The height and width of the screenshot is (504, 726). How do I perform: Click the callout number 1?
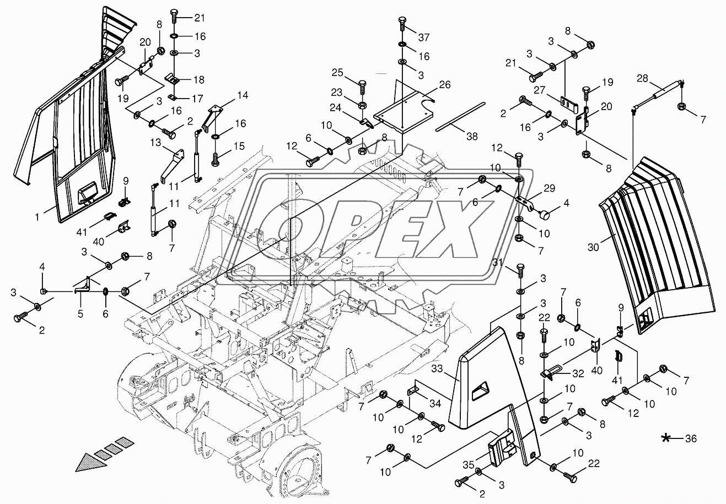(x=37, y=216)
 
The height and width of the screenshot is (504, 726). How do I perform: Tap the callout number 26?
(x=445, y=84)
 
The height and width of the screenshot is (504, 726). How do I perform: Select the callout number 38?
(x=472, y=137)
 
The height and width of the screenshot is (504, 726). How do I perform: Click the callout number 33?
(x=437, y=368)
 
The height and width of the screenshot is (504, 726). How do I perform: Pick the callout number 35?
(x=469, y=465)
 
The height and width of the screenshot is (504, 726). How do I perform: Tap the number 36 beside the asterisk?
(x=691, y=438)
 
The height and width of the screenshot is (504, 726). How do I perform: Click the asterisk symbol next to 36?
(x=666, y=438)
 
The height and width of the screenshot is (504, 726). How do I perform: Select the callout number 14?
(x=243, y=95)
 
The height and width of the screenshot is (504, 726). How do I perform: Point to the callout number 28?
(x=642, y=78)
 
